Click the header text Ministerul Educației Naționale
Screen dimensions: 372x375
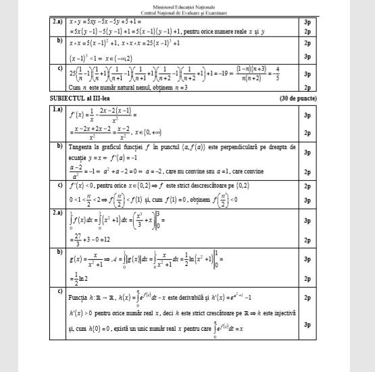(186, 7)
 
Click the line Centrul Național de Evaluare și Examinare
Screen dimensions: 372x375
(186, 12)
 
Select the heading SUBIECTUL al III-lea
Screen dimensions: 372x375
(83, 99)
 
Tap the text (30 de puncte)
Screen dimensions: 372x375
(298, 99)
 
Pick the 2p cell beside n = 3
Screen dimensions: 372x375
(307, 87)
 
